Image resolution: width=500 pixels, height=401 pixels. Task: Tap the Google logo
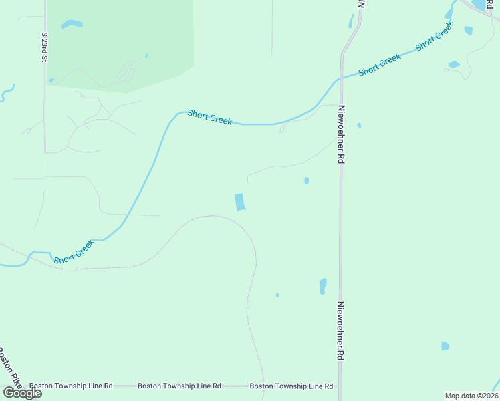(23, 392)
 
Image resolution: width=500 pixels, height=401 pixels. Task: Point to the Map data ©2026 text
(471, 396)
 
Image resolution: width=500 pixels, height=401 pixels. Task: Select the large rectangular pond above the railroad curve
(239, 202)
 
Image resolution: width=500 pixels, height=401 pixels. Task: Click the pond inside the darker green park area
(72, 25)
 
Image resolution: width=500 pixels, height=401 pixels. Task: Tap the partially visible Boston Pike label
(9, 366)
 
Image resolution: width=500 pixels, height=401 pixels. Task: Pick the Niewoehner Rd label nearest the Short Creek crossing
(341, 134)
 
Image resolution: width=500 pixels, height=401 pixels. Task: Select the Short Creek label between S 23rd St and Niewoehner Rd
(209, 117)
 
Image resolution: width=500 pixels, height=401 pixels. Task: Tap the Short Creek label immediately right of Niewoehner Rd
(379, 65)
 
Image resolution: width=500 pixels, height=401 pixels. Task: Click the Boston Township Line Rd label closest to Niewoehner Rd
(291, 386)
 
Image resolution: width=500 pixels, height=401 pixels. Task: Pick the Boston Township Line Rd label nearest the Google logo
(71, 386)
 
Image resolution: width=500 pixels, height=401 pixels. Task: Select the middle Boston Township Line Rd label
(179, 386)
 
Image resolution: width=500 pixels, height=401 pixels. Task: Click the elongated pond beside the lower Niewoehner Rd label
(323, 285)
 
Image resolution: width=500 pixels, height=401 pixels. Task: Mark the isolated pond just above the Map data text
(445, 346)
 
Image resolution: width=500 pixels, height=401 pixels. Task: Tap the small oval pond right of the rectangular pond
(306, 180)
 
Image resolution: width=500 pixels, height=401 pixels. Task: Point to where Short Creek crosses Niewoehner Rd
(341, 78)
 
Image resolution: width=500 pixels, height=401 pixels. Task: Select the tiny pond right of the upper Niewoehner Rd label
(359, 125)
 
